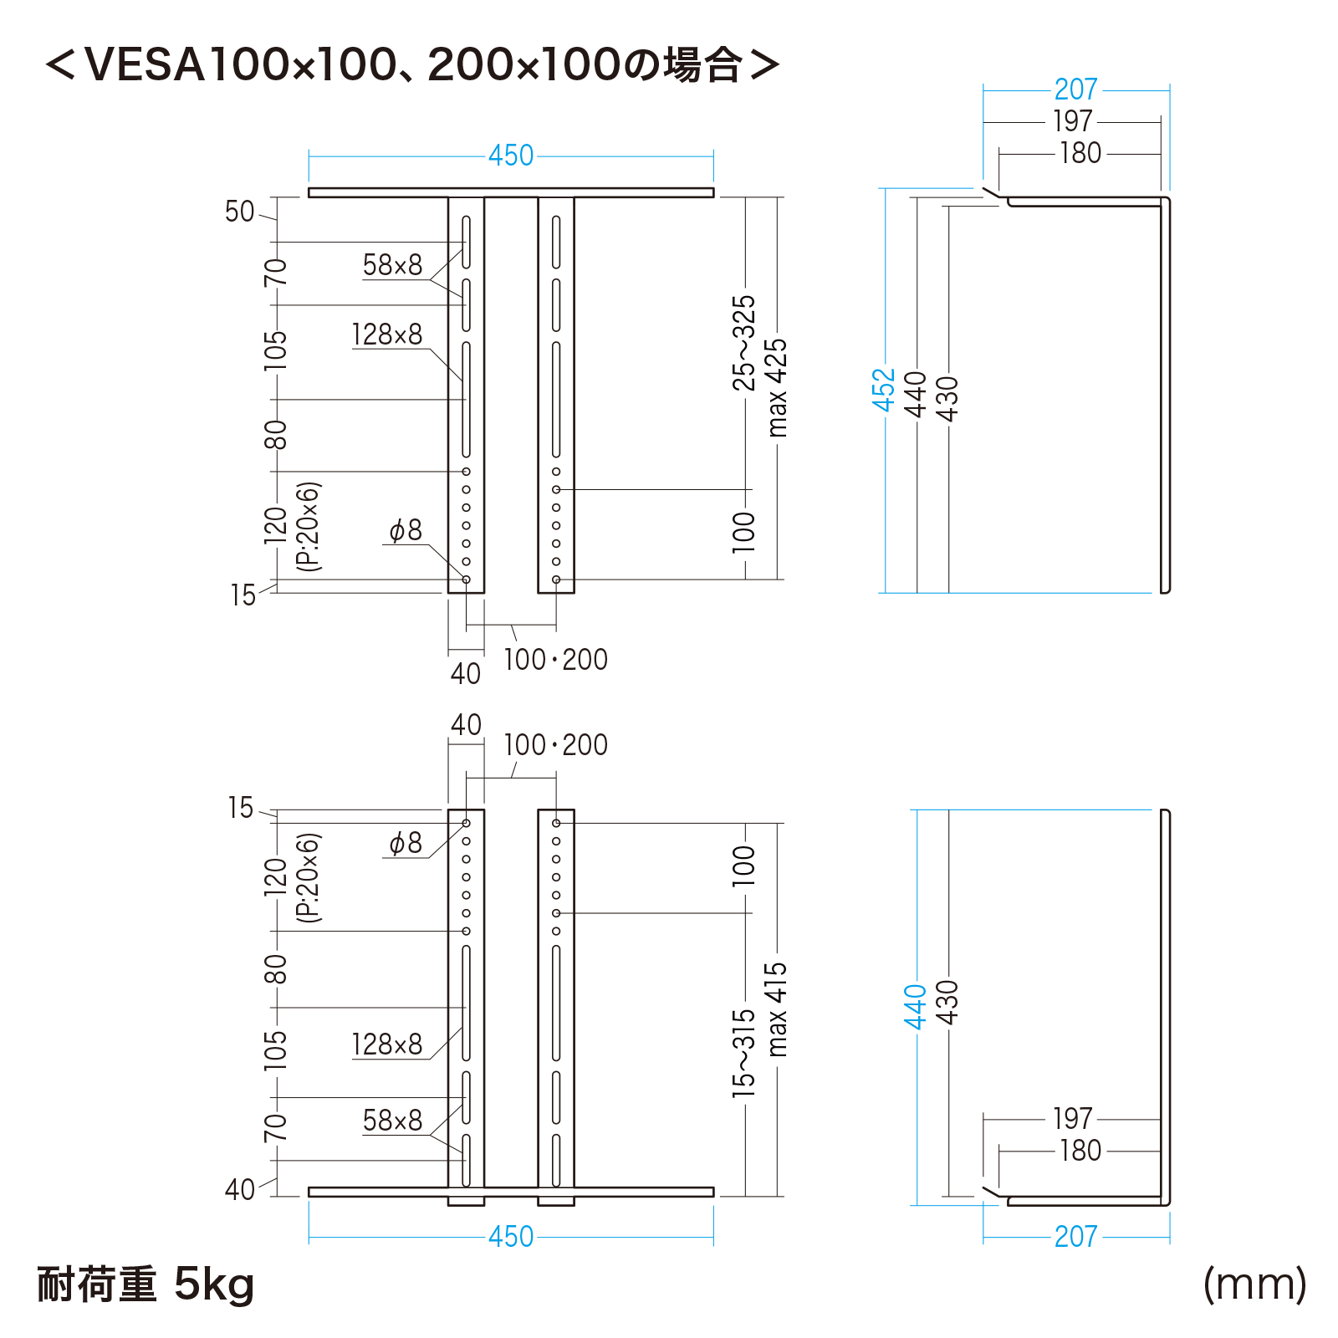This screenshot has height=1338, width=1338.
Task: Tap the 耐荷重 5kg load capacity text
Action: [146, 1284]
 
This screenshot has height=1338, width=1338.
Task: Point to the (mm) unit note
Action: [1254, 1284]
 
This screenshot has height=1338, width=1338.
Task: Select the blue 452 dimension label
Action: [884, 390]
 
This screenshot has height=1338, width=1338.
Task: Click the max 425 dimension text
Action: [777, 387]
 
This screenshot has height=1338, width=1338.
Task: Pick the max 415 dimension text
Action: [777, 1009]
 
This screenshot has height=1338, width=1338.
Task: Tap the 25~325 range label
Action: [743, 343]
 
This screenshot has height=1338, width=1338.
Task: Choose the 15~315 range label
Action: [743, 1054]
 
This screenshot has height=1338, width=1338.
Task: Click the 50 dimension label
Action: [239, 212]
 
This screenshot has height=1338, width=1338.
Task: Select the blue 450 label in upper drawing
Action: [511, 156]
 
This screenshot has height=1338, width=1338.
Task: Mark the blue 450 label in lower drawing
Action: [511, 1237]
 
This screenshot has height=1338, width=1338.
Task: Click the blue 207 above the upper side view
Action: [1075, 89]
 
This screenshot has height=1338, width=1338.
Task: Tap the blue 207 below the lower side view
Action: [1075, 1237]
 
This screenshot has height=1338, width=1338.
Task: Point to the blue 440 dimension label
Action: [916, 1007]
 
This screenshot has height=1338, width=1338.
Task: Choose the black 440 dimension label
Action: [917, 394]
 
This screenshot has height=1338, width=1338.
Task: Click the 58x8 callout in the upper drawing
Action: [392, 265]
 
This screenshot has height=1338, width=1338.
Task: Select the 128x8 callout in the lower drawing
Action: [387, 1044]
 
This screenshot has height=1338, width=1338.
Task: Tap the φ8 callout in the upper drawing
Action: [406, 530]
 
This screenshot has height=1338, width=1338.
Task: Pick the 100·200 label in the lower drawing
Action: [555, 745]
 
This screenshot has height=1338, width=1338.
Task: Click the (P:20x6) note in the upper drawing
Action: [309, 526]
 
